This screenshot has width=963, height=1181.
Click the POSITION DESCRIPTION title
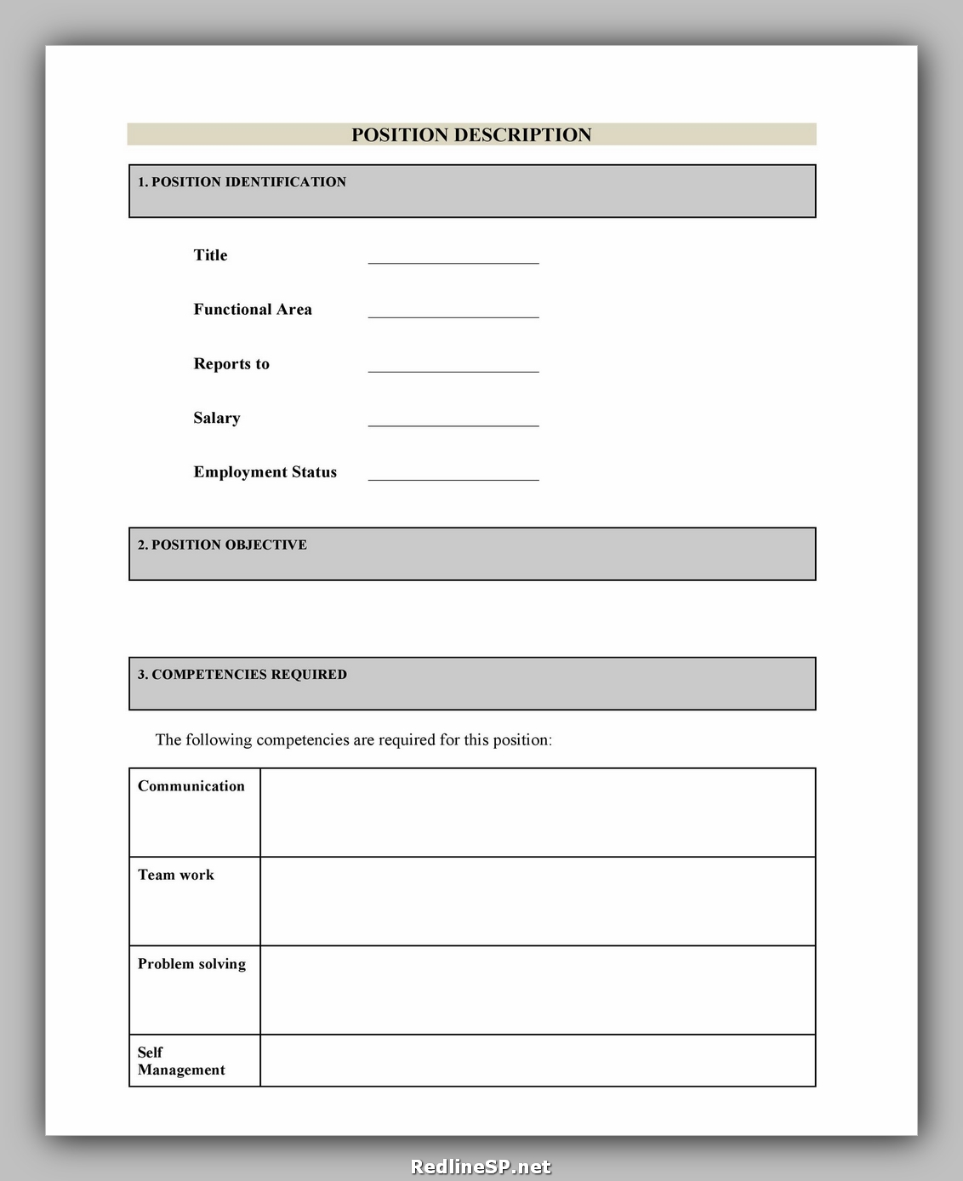click(471, 135)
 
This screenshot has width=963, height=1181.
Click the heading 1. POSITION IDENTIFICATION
click(242, 182)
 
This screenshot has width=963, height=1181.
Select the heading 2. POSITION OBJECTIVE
click(223, 545)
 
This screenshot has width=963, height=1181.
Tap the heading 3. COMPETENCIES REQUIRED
click(242, 675)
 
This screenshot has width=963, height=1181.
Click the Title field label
click(210, 255)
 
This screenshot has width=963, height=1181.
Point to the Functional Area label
click(253, 310)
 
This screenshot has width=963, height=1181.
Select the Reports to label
click(231, 364)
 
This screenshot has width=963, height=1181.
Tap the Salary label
click(217, 418)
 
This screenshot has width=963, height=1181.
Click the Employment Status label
click(265, 472)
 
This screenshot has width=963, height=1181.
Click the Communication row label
click(191, 786)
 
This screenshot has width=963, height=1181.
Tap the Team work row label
click(176, 875)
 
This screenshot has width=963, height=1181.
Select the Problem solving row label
click(192, 964)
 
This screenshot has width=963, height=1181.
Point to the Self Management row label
click(181, 1061)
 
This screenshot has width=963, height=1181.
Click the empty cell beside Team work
click(538, 901)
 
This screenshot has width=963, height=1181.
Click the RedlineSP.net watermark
click(481, 1167)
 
